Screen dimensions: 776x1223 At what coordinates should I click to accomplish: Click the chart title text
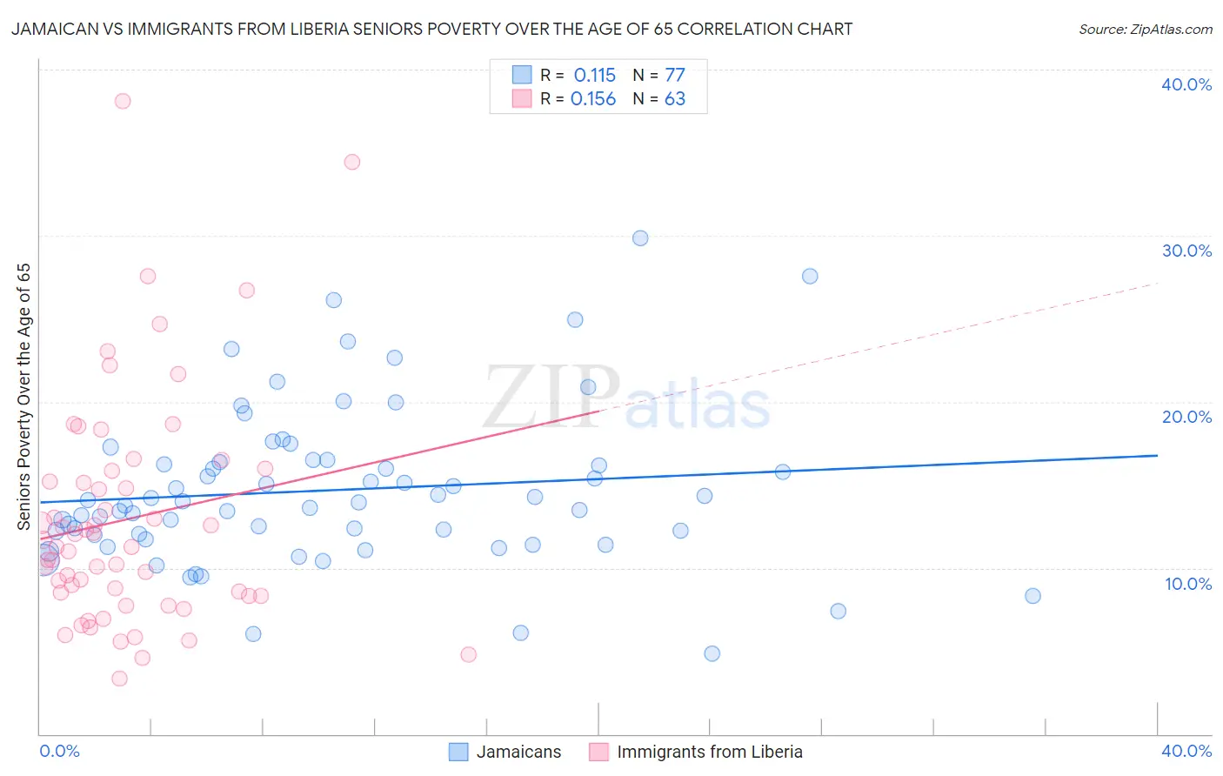click(x=431, y=29)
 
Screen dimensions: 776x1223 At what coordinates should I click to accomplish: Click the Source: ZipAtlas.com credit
click(x=1145, y=29)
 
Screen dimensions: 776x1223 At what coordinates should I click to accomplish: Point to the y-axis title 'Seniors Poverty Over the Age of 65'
click(x=23, y=396)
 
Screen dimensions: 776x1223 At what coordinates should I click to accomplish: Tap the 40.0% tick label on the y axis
click(x=1186, y=84)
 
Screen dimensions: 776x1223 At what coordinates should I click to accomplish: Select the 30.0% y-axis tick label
click(x=1186, y=251)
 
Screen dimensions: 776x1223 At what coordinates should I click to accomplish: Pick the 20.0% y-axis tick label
click(x=1186, y=417)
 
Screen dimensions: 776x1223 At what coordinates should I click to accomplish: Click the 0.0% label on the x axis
click(x=59, y=751)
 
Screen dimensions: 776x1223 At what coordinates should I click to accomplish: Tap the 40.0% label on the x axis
click(x=1186, y=751)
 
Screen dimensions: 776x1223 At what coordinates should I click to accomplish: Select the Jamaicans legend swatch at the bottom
click(x=458, y=752)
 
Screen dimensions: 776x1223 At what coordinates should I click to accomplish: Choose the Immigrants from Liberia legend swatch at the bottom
click(x=598, y=752)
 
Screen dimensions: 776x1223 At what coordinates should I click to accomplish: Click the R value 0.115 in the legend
click(x=594, y=75)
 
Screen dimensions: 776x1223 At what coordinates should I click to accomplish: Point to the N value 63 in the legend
click(x=675, y=99)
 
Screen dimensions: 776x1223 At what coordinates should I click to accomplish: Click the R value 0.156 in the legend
click(x=593, y=99)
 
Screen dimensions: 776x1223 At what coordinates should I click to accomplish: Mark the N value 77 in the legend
click(x=675, y=75)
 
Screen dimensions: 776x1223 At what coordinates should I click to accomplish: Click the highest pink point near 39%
click(x=123, y=101)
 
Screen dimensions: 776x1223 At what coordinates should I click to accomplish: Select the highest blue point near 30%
click(x=640, y=238)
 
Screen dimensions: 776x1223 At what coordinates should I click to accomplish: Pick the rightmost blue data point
click(x=1033, y=596)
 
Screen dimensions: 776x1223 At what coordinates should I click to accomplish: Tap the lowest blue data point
click(x=712, y=653)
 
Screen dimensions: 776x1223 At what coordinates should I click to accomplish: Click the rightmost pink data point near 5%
click(x=468, y=654)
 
